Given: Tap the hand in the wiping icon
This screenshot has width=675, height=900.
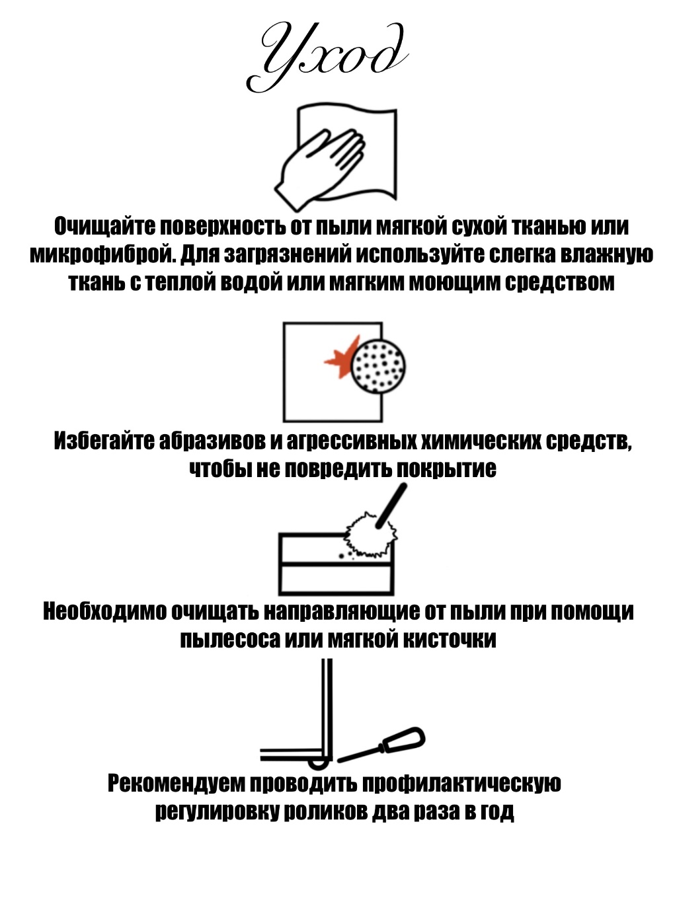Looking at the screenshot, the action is pyautogui.click(x=320, y=168).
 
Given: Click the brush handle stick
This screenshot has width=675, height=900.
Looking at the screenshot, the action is pyautogui.click(x=391, y=506).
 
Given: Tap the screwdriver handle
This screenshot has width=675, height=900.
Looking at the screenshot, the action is pyautogui.click(x=403, y=738).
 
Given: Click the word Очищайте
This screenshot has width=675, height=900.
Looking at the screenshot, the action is pyautogui.click(x=104, y=226).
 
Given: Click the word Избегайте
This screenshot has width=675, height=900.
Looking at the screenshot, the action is pyautogui.click(x=104, y=441).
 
